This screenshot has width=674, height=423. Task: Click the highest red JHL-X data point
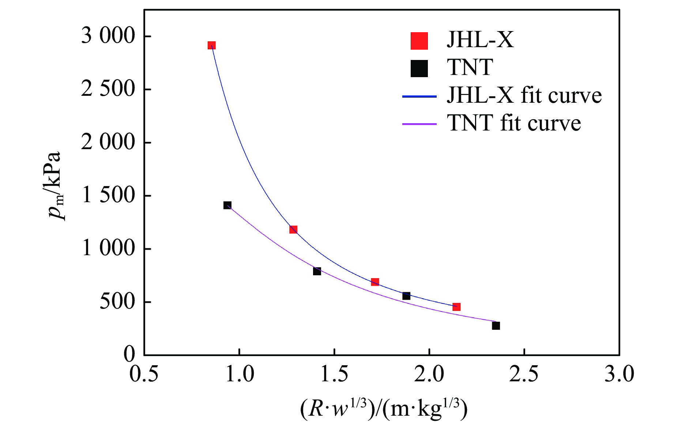211,45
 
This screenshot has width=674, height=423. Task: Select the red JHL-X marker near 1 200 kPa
293,230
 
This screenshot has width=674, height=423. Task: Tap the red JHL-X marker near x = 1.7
375,282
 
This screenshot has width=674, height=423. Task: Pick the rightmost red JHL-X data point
456,307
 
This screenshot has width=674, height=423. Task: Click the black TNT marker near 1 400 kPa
227,205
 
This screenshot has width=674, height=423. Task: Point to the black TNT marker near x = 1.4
317,271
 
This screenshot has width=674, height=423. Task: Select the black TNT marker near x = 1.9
406,296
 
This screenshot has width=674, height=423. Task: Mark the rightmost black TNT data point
496,326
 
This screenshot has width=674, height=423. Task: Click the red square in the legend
419,41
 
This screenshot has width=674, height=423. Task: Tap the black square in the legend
419,68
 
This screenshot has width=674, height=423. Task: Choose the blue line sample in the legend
419,97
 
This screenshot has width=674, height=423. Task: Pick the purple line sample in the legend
419,124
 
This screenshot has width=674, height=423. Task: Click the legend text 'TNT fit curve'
514,123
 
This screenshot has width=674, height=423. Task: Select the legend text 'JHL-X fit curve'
524,95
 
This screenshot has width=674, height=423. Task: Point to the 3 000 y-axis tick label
108,36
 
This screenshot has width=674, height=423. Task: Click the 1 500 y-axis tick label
108,195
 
